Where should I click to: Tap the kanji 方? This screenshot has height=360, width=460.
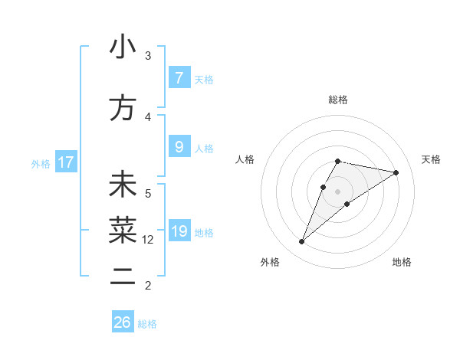pos(123,108)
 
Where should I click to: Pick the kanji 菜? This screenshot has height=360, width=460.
pos(123,230)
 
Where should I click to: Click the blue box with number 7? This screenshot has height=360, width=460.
pos(179,78)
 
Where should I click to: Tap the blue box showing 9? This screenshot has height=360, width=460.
pos(179,147)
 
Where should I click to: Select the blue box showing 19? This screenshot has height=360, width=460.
pos(179,231)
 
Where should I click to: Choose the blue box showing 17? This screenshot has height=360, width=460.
pos(65,162)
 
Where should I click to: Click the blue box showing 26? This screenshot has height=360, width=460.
pos(122,322)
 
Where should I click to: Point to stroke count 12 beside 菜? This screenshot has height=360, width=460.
pos(148,240)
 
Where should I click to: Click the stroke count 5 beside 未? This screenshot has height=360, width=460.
pos(148,194)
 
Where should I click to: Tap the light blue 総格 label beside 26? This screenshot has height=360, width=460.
pos(147,324)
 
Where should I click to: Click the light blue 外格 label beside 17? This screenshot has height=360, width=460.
pos(41,163)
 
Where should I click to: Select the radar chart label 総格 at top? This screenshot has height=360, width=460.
pos(338,100)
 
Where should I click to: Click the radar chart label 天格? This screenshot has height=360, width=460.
pos(432,159)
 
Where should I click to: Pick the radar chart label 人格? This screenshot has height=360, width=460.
pos(245,159)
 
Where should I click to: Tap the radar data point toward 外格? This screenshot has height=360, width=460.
pos(301,242)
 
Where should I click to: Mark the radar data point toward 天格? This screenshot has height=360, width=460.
pos(396,172)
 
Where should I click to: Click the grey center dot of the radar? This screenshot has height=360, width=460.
pos(338,191)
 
